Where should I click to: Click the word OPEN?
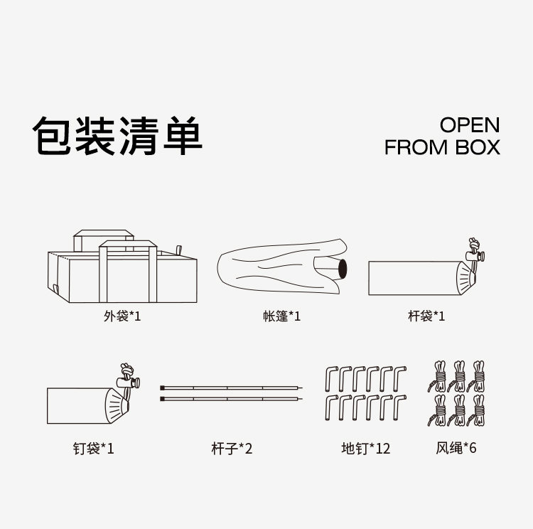tap(469, 125)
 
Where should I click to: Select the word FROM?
tap(416, 147)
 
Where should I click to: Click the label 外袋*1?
tap(122, 316)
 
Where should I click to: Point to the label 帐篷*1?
tap(281, 316)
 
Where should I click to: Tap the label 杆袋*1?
tap(426, 316)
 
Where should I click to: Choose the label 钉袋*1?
tap(93, 449)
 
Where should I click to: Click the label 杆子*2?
tap(232, 449)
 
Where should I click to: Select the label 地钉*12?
tap(365, 449)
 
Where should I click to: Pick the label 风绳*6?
tap(456, 449)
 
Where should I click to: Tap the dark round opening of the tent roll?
tap(341, 269)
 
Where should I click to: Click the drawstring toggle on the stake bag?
tap(129, 381)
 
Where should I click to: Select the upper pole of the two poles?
tap(232, 388)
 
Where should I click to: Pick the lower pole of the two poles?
tap(232, 399)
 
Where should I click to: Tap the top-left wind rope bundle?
tap(438, 377)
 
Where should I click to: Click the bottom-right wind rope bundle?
tap(477, 411)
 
